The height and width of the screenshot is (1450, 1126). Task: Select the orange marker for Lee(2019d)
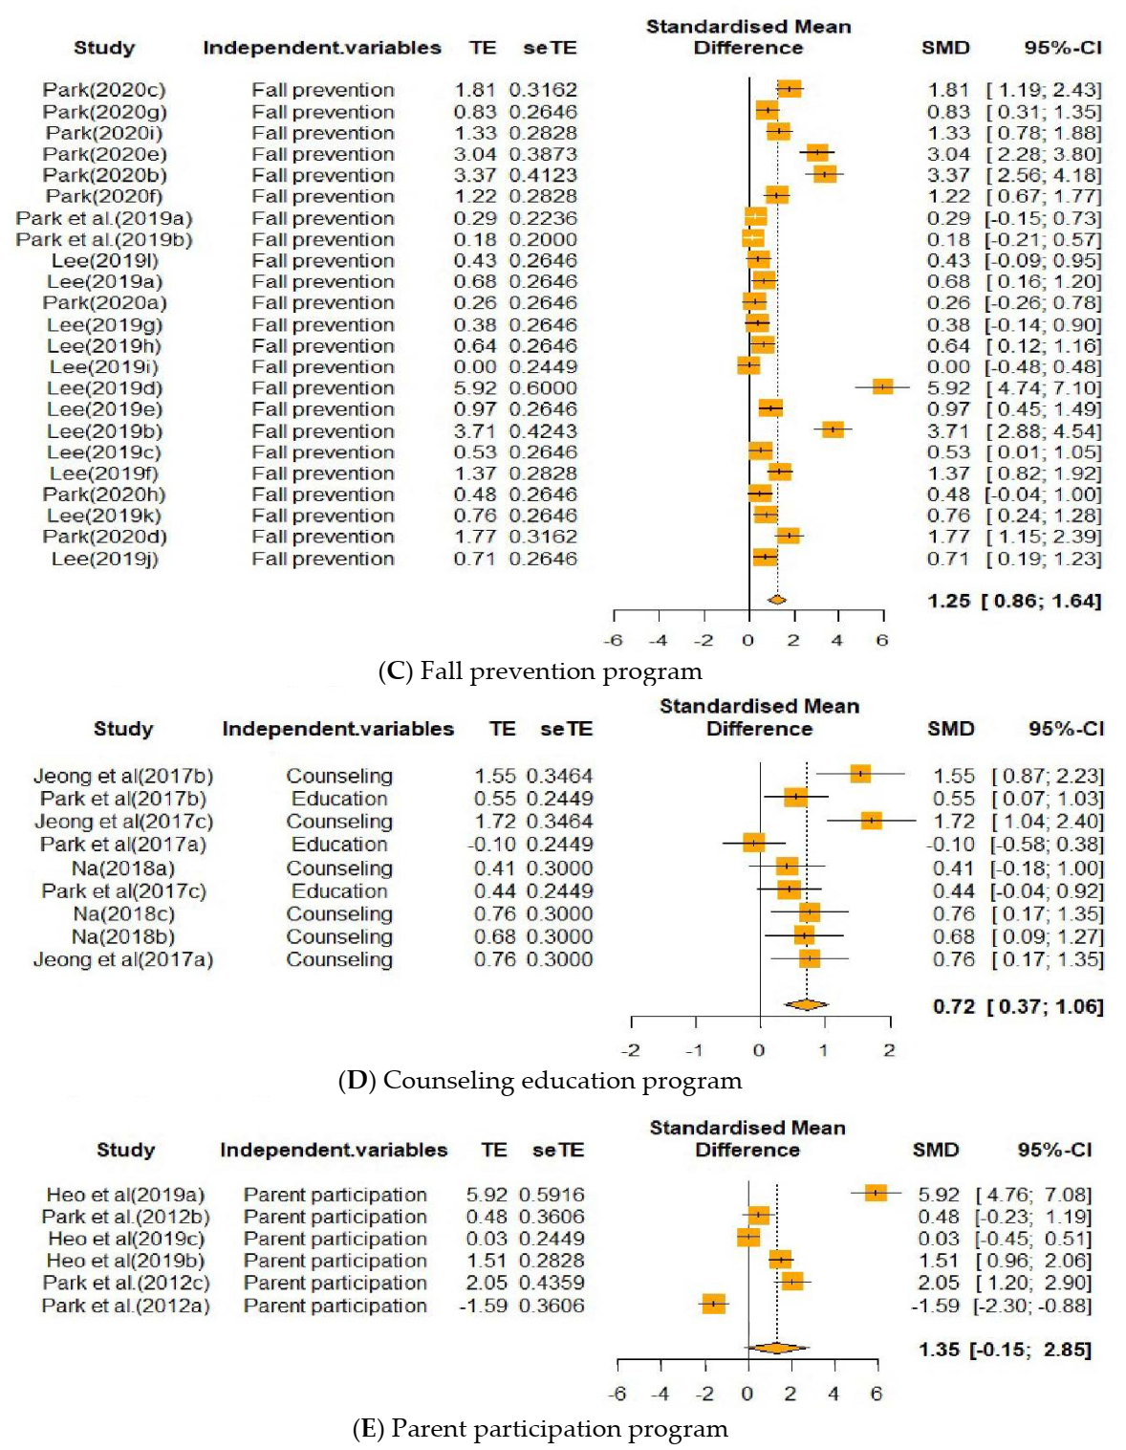(882, 386)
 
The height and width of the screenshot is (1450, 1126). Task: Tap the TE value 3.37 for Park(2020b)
(474, 175)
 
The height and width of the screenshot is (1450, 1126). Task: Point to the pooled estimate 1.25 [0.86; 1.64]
(1013, 601)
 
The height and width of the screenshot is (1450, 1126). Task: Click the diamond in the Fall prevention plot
(776, 600)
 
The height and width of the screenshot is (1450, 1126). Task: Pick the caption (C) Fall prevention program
(540, 671)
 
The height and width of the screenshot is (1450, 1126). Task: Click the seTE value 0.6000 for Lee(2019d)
(543, 388)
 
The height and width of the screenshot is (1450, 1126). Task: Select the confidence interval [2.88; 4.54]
(1044, 430)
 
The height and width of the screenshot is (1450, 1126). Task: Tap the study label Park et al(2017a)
(123, 845)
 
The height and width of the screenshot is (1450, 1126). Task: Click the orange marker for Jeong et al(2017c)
(871, 820)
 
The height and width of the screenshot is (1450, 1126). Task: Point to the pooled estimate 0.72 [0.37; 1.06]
(1017, 1006)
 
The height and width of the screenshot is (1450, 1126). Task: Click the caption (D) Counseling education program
(540, 1081)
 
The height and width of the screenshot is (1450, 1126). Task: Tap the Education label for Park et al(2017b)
(339, 799)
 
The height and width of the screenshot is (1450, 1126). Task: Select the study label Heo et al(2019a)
(125, 1195)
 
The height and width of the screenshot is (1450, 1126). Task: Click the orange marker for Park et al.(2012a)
(713, 1304)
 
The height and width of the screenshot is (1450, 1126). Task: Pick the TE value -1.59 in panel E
(483, 1306)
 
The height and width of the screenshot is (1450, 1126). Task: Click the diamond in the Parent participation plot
(776, 1348)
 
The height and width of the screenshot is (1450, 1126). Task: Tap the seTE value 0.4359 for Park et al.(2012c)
(552, 1283)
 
